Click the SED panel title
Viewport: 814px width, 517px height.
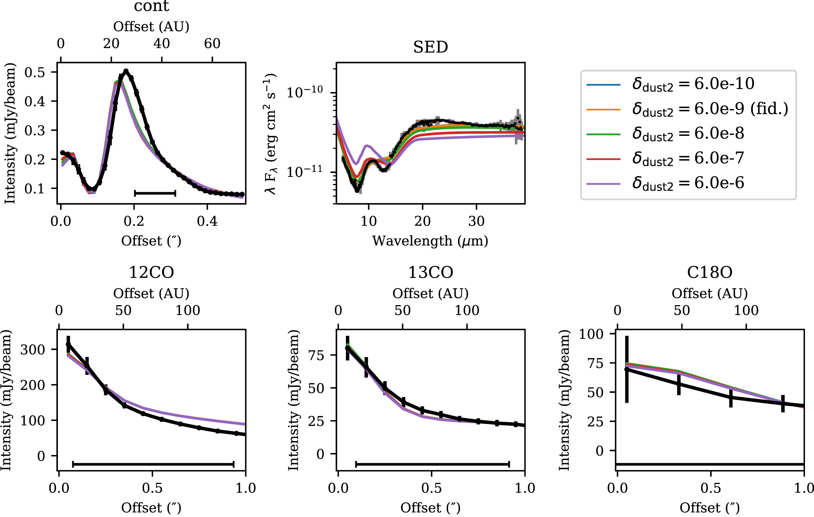click(x=430, y=47)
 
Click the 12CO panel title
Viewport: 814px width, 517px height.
click(x=152, y=272)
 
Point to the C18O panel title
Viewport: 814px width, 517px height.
click(x=710, y=272)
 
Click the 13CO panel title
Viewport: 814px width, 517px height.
click(x=430, y=272)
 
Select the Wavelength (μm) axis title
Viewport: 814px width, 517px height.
click(x=430, y=241)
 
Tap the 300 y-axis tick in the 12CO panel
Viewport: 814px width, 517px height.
click(x=33, y=350)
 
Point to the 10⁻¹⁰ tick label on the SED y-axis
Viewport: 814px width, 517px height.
click(x=305, y=92)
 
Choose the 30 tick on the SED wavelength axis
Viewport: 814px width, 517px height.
click(x=476, y=221)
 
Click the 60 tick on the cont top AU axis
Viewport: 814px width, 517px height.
click(x=212, y=44)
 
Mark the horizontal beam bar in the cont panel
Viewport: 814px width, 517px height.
click(x=155, y=193)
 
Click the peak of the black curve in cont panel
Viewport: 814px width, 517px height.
click(x=126, y=71)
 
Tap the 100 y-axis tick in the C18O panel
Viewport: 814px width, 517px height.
click(x=591, y=334)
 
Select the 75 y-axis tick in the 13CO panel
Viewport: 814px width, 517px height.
click(x=316, y=355)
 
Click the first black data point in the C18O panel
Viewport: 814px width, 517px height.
click(x=627, y=370)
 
